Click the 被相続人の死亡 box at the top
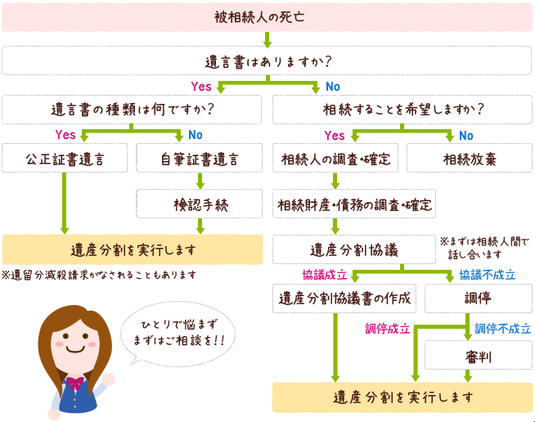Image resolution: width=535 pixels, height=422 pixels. coord(267,16)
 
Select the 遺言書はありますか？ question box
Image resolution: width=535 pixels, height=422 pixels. coord(267,61)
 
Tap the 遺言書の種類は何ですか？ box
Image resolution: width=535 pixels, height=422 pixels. coord(133,109)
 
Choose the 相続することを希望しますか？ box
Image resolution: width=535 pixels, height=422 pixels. coord(402,109)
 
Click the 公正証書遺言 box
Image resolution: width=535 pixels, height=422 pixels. coord(65,159)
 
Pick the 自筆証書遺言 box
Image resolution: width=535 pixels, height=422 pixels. coord(200,159)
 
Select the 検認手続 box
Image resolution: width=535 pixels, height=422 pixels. coord(200,204)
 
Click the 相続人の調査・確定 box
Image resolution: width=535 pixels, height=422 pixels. coord(335,159)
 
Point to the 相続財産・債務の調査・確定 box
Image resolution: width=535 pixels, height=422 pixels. coord(354,204)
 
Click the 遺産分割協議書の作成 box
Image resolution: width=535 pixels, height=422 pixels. coord(344,297)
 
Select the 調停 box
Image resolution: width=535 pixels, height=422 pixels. coord(479,297)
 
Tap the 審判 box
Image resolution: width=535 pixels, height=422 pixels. coord(479,357)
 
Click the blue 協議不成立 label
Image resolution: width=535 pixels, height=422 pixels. coord(487,274)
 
